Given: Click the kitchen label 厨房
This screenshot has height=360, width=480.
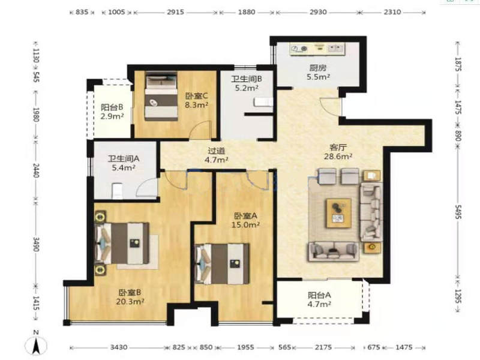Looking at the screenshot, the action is [318, 68].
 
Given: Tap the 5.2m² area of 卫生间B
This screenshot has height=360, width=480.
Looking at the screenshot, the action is [247, 88].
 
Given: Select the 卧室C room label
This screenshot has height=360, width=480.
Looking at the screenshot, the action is [197, 96].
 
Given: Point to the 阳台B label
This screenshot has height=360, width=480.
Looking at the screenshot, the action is [112, 107].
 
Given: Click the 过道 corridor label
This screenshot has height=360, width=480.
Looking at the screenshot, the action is [217, 151].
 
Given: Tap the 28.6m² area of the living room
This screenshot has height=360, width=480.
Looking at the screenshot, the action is [338, 156].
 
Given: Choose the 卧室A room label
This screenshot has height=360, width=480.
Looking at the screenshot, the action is [245, 216].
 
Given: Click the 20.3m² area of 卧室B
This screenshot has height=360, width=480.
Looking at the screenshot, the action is [130, 302].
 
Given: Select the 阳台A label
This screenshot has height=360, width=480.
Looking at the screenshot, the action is [319, 295].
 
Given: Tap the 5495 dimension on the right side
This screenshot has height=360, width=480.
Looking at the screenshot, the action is [458, 212].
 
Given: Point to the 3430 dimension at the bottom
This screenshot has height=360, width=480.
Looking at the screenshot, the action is [119, 347].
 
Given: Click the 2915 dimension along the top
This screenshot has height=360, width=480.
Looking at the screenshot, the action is [176, 12].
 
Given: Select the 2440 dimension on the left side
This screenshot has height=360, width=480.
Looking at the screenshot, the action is [36, 170].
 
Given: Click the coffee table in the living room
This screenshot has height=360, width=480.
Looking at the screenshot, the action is [338, 213].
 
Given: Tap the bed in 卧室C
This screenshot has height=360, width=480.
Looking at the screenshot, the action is [161, 96].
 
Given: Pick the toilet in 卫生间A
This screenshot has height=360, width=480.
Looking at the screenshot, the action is [117, 191].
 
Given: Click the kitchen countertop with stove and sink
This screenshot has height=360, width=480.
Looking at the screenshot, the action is [317, 49].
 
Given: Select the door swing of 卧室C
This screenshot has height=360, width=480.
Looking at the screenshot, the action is [200, 130].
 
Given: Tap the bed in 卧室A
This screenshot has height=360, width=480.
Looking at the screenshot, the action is [222, 264].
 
